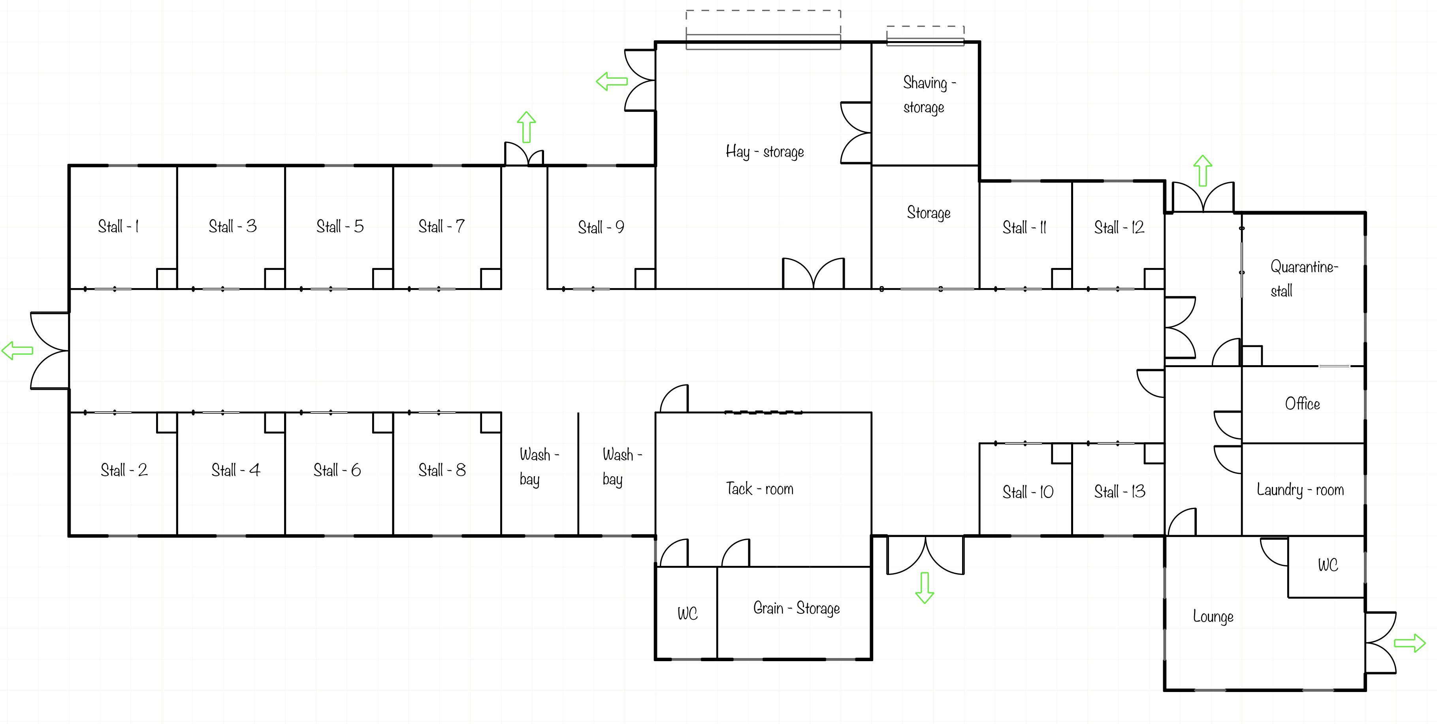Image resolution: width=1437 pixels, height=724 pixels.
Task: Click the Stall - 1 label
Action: (x=118, y=226)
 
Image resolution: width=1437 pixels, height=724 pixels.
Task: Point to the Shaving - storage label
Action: (x=929, y=95)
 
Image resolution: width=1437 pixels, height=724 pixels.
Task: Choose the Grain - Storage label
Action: (x=797, y=608)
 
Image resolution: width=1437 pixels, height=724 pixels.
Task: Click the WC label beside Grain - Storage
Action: (x=687, y=614)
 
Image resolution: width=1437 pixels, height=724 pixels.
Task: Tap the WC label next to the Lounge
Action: (x=1328, y=565)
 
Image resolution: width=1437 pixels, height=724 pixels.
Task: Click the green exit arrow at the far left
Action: (x=17, y=351)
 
